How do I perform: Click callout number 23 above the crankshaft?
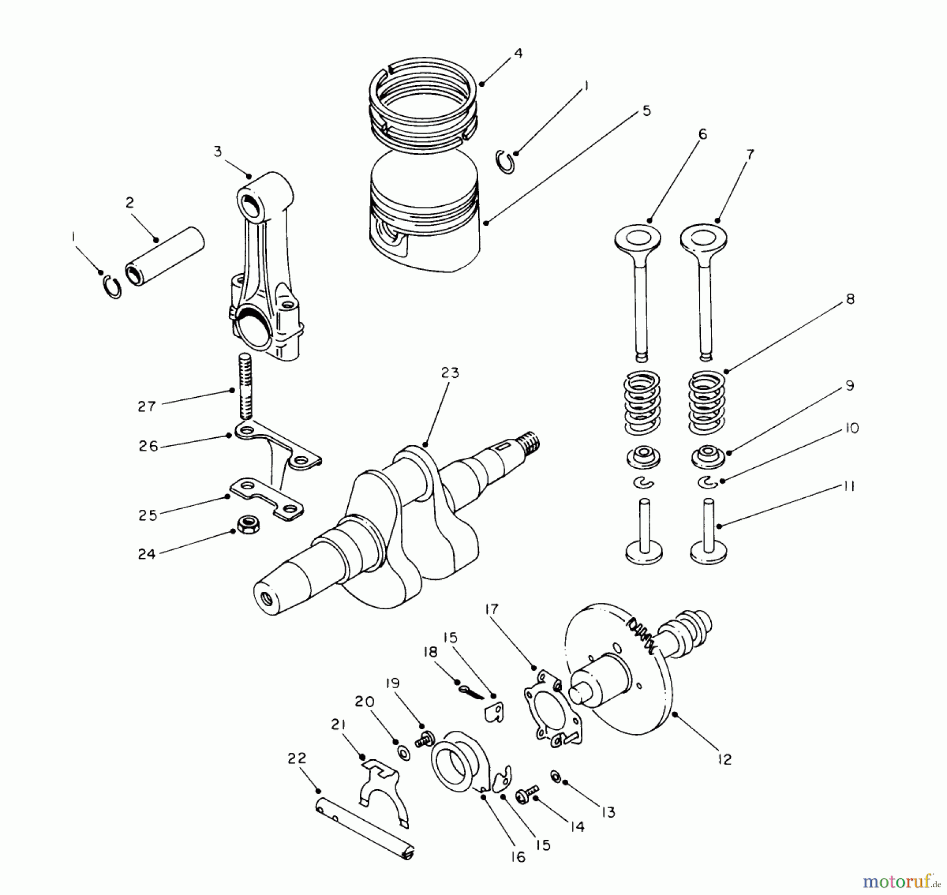pos(450,373)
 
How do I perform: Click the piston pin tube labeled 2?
pos(165,256)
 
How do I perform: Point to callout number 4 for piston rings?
pos(518,53)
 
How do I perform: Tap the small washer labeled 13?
pos(555,776)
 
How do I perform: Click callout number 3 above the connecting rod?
pos(218,152)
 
